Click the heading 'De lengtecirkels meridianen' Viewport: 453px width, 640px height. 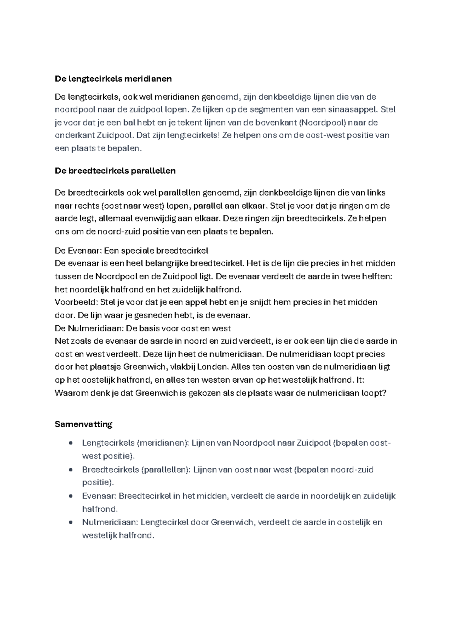pyautogui.click(x=113, y=79)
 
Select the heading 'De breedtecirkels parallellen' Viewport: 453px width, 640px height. pyautogui.click(x=115, y=171)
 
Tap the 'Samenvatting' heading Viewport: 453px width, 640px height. pyautogui.click(x=83, y=424)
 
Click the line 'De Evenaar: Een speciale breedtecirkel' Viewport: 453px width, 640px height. pyautogui.click(x=131, y=251)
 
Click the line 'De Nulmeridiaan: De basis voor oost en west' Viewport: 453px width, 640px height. pyautogui.click(x=143, y=328)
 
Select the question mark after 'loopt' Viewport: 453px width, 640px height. pyautogui.click(x=384, y=393)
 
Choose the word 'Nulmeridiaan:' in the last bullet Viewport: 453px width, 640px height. pyautogui.click(x=109, y=522)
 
